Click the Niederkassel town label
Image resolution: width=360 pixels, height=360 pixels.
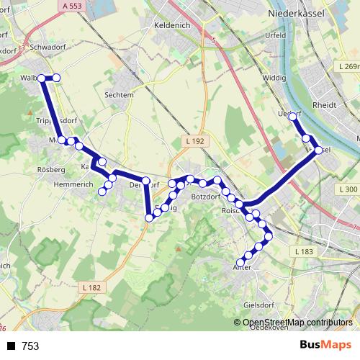tap(297, 14)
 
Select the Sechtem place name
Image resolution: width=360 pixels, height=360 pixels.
tap(119, 94)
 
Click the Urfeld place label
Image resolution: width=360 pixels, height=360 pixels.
tap(275, 35)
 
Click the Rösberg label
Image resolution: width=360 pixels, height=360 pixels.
tap(50, 170)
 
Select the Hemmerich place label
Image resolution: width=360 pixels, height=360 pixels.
tap(74, 185)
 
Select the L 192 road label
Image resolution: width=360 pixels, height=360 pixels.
tap(194, 141)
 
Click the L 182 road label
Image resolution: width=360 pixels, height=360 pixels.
tap(92, 288)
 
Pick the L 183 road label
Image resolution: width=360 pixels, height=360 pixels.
tap(305, 251)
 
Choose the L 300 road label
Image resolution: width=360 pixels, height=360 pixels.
tap(346, 189)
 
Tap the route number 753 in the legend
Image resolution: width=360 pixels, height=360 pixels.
tap(30, 346)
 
